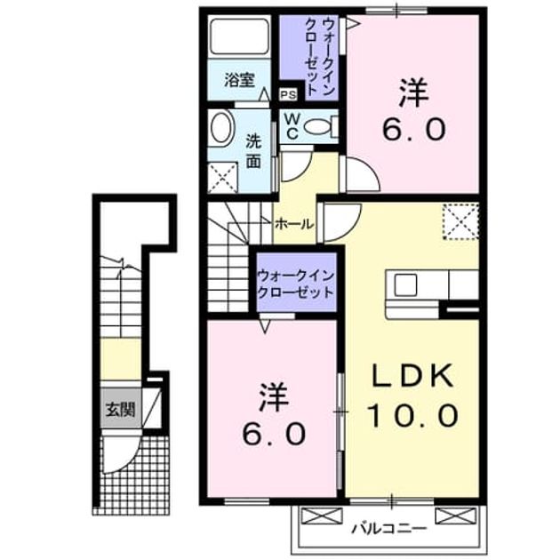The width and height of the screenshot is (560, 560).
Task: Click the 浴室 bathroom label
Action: click(239, 80)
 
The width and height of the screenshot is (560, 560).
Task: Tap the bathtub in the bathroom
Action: click(239, 36)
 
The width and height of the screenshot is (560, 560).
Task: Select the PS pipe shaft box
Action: click(288, 95)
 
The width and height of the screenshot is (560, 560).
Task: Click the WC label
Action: click(292, 125)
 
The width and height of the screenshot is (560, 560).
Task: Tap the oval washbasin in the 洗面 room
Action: click(221, 128)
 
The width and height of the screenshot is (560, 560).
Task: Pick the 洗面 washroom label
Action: click(253, 151)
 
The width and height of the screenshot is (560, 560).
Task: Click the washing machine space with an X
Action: click(222, 178)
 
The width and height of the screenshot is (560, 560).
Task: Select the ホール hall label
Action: click(294, 224)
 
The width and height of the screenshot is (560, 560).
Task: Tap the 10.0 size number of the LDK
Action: click(412, 415)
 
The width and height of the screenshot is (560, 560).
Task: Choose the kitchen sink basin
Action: click(405, 284)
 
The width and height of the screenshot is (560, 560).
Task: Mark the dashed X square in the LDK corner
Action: click(460, 221)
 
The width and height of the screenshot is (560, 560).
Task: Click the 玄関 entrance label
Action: click(120, 410)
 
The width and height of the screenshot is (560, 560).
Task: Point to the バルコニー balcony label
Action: click(388, 528)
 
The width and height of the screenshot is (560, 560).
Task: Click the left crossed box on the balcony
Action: click(322, 516)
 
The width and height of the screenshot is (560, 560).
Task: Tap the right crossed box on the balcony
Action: click(456, 516)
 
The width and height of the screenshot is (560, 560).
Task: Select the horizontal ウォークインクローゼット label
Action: click(296, 284)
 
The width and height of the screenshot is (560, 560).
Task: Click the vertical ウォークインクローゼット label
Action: click(320, 56)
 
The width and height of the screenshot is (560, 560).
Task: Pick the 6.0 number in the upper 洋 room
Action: click(414, 129)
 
